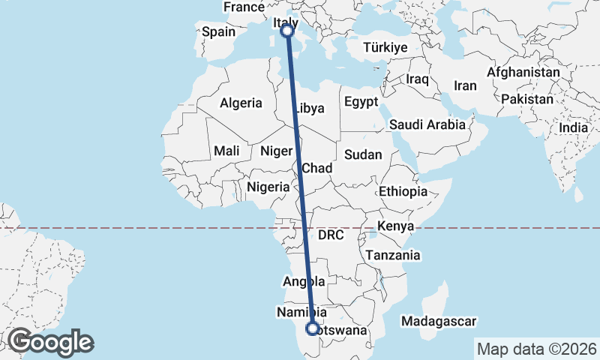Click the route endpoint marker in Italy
[x=286, y=31]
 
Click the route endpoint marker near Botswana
[x=312, y=328]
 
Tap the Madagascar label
[x=439, y=322]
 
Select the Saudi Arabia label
[x=427, y=125]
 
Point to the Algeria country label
[x=241, y=103]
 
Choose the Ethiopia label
[x=403, y=191]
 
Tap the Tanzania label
[x=393, y=255]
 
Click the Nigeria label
[x=268, y=187]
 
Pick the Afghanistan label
[x=523, y=72]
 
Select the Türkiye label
[x=385, y=47]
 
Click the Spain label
[x=219, y=31]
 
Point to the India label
[x=573, y=127]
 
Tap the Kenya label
[x=397, y=226]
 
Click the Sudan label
[x=363, y=155]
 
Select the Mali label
[x=226, y=151]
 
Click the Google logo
[x=50, y=342]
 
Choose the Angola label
[x=304, y=282]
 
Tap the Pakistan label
[x=528, y=99]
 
